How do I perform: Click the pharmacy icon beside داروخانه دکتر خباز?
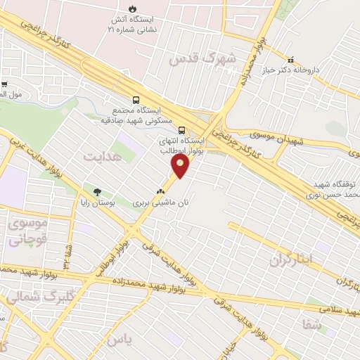pyautogui.click(x=290, y=60)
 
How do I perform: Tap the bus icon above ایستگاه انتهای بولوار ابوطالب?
pyautogui.click(x=181, y=130)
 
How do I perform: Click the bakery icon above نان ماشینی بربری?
pyautogui.click(x=161, y=190)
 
